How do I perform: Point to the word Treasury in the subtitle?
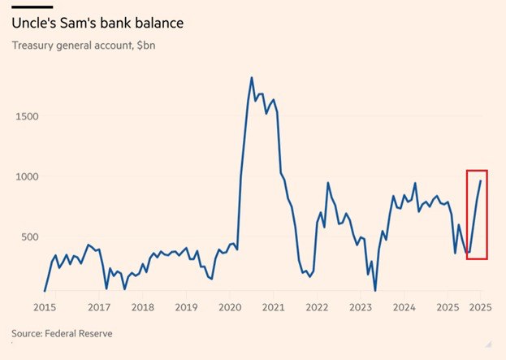33,44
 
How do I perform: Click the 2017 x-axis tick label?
99,307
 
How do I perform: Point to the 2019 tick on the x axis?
186,307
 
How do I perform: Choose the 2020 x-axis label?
230,307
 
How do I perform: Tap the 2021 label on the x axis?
274,307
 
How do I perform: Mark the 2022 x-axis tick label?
317,307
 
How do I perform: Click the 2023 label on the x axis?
361,307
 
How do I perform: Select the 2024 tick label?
404,307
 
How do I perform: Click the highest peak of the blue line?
251,78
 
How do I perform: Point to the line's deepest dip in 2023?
375,290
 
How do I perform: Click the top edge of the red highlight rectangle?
477,171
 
